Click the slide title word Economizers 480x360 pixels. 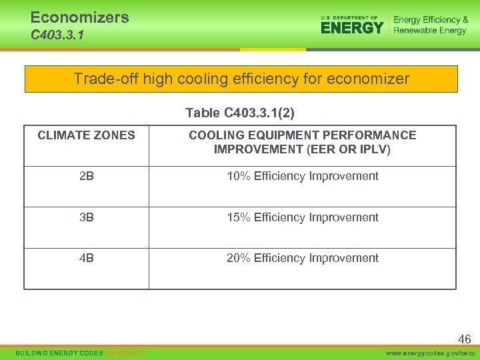pos(79,17)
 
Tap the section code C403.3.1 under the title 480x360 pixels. pos(57,35)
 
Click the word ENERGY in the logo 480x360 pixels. pos(351,27)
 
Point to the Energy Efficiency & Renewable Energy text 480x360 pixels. pos(430,25)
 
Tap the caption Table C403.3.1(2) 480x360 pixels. pos(240,113)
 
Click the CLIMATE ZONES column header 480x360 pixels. pos(86,135)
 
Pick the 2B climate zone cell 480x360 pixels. pos(86,176)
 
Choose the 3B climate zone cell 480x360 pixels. pos(86,217)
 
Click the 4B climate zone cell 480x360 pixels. pos(86,258)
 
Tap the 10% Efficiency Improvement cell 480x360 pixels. pos(302,176)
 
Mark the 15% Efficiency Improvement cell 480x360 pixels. pos(302,217)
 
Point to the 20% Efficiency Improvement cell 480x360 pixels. pos(302,258)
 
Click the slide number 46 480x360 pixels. pos(464,339)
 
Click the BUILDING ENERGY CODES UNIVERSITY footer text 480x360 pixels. pos(81,353)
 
